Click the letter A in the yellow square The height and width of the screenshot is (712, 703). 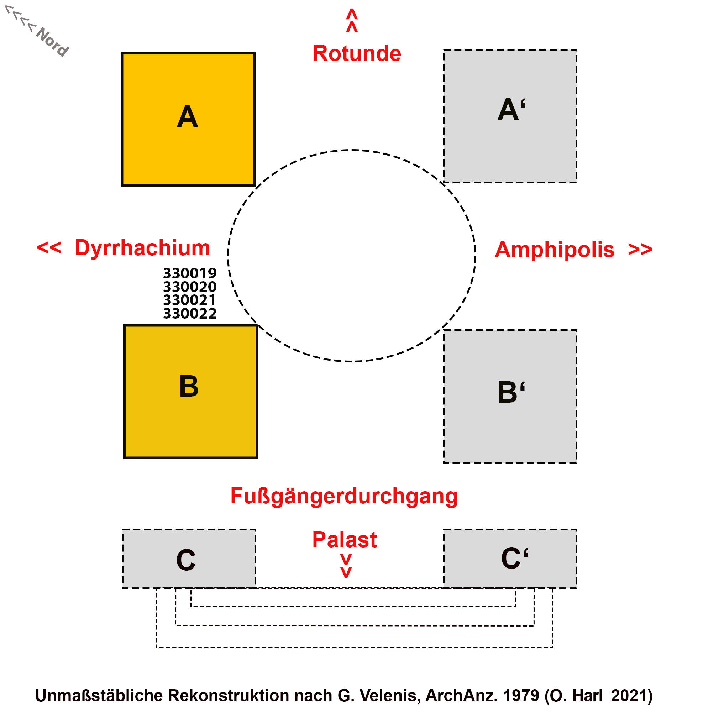pyautogui.click(x=187, y=116)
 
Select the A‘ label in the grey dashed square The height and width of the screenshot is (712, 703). pyautogui.click(x=511, y=109)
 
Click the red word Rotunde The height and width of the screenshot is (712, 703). pyautogui.click(x=356, y=53)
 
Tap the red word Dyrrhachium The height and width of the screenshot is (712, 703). pyautogui.click(x=142, y=248)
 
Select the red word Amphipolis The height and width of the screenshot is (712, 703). pyautogui.click(x=554, y=250)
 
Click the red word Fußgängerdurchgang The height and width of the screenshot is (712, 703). pyautogui.click(x=344, y=496)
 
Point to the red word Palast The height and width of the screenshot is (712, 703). pyautogui.click(x=344, y=540)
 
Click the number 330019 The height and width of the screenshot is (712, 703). pyautogui.click(x=190, y=273)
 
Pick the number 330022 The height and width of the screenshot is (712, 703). pyautogui.click(x=190, y=314)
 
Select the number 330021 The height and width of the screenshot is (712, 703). pyautogui.click(x=189, y=300)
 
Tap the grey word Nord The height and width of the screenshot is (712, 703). pyautogui.click(x=52, y=41)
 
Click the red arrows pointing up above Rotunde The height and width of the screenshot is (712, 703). pyautogui.click(x=352, y=21)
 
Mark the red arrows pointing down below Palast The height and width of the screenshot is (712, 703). pyautogui.click(x=346, y=566)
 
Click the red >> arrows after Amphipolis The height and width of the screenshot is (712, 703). pyautogui.click(x=640, y=250)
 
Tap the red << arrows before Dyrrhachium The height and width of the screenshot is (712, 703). pyautogui.click(x=49, y=248)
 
